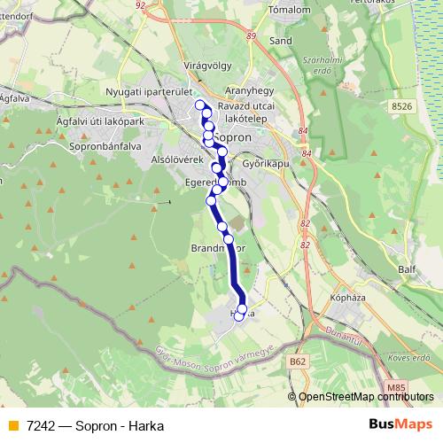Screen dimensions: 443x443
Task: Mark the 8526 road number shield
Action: [x=401, y=106]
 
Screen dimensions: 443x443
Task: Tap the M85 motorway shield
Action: [x=398, y=388]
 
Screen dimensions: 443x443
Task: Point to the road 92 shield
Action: [x=140, y=4]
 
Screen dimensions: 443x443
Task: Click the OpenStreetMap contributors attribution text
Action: [x=369, y=397]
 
